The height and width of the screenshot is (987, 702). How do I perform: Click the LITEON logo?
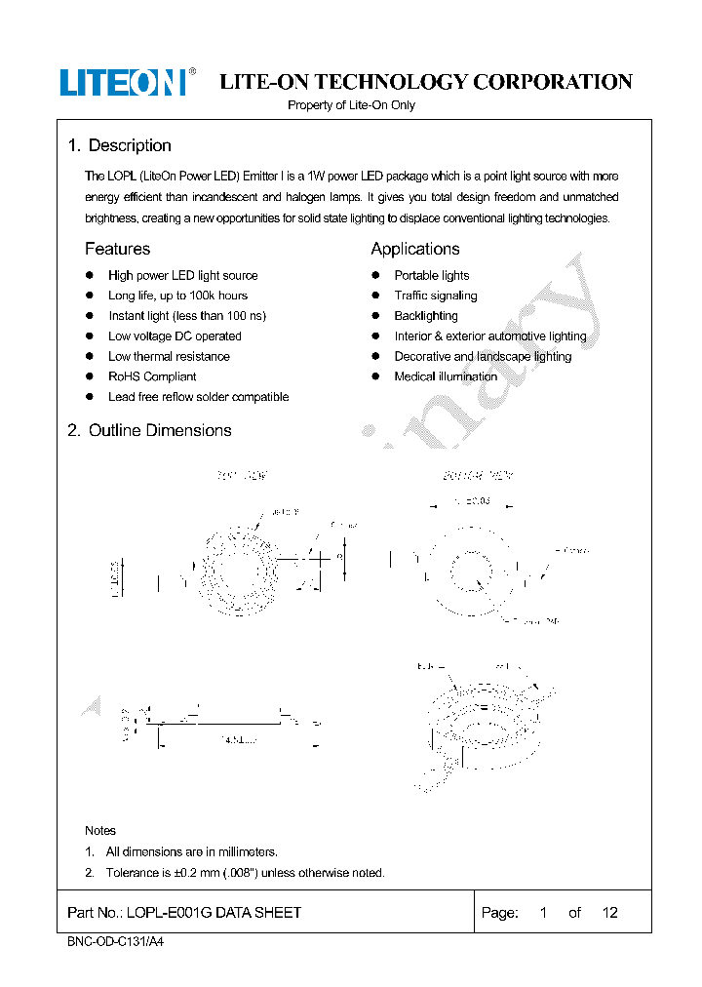click(123, 83)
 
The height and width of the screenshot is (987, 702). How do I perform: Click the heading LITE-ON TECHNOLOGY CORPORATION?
click(426, 83)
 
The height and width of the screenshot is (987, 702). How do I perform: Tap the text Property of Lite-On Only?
click(351, 105)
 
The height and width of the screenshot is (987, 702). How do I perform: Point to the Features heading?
click(117, 250)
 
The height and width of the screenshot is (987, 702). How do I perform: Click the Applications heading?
click(414, 250)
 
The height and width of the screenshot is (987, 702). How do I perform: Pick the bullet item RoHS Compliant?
click(152, 376)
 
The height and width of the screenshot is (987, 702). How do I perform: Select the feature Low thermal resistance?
click(169, 357)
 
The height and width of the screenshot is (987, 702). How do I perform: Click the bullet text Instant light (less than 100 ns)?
click(186, 316)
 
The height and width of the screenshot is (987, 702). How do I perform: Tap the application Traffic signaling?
click(435, 296)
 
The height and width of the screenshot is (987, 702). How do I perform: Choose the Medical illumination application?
click(446, 376)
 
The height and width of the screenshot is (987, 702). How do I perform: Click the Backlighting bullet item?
click(425, 316)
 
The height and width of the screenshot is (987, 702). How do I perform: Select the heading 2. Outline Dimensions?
click(149, 431)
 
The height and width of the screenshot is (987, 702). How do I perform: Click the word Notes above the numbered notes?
click(100, 831)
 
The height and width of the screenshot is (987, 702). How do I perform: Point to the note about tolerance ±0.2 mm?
click(245, 873)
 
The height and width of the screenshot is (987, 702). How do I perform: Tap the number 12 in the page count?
click(609, 913)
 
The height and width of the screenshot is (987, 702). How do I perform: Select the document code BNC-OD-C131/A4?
click(108, 943)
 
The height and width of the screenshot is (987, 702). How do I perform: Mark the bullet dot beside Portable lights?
click(375, 276)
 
